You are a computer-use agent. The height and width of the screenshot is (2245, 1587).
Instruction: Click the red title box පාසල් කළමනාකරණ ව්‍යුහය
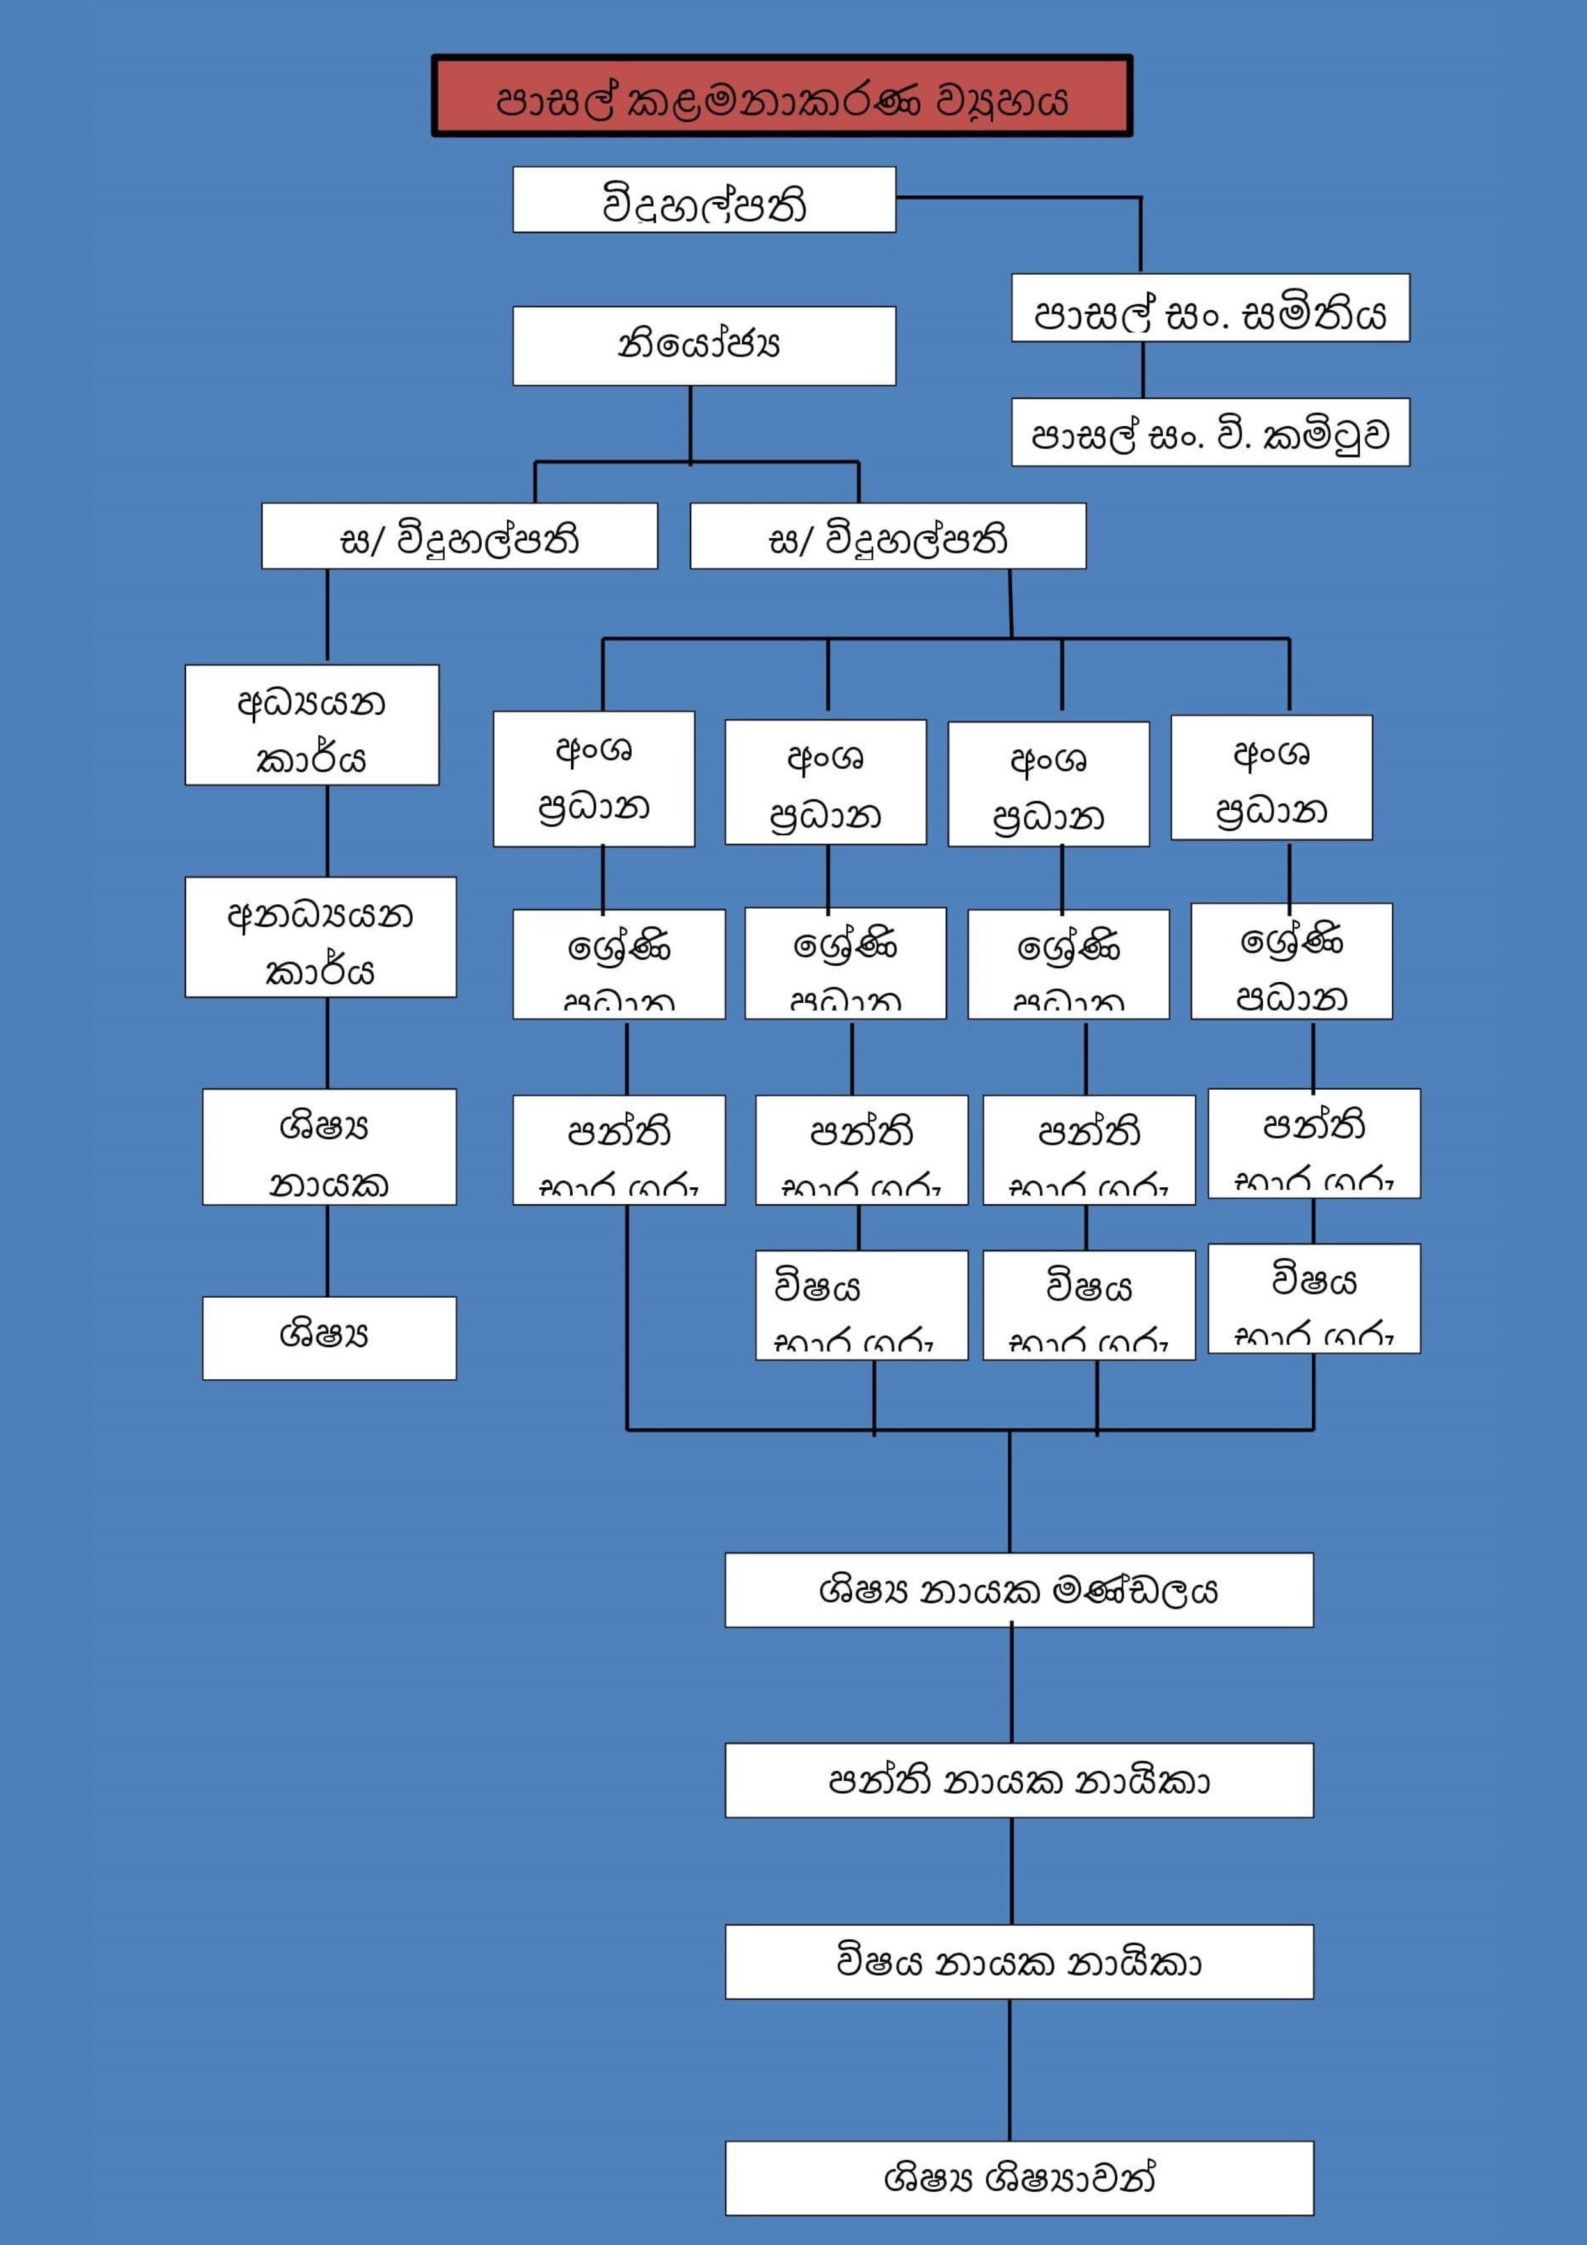pyautogui.click(x=781, y=96)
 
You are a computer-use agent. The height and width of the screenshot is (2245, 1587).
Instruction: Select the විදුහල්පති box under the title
pyautogui.click(x=703, y=200)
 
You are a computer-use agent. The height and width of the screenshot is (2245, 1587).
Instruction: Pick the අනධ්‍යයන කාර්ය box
pyautogui.click(x=320, y=937)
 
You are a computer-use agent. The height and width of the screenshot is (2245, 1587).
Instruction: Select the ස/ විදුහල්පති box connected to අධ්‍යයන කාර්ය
pyautogui.click(x=459, y=536)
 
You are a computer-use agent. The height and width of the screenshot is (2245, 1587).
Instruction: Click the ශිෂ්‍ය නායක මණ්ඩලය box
pyautogui.click(x=1018, y=1590)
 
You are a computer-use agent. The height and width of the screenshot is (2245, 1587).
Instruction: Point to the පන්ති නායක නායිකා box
pyautogui.click(x=1018, y=1780)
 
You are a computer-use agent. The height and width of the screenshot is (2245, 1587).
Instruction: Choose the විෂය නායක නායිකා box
pyautogui.click(x=1018, y=1961)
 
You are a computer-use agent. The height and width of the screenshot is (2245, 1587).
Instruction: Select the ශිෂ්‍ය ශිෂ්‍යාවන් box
pyautogui.click(x=1018, y=2178)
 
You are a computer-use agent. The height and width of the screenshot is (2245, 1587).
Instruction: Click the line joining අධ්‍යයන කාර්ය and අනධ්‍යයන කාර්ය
pyautogui.click(x=328, y=831)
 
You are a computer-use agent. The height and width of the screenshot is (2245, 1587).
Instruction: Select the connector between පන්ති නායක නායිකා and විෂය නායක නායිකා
pyautogui.click(x=1012, y=1871)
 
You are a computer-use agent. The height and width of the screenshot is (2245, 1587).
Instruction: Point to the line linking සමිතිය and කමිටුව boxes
pyautogui.click(x=1143, y=370)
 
